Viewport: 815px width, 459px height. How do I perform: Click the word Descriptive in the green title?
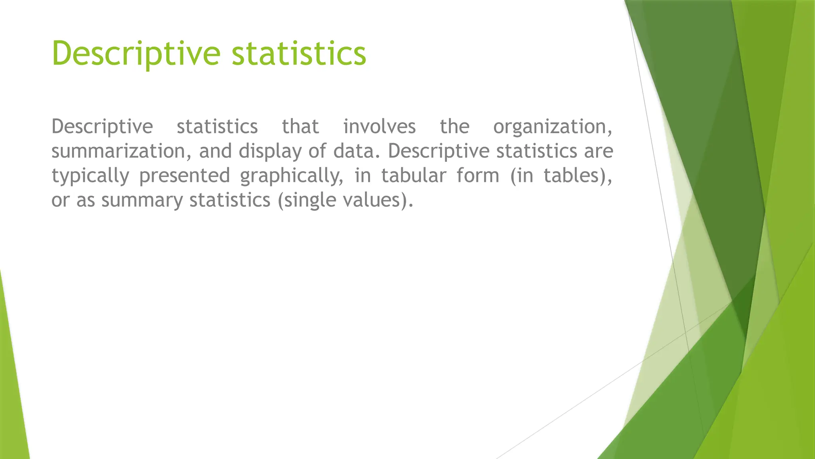[136, 53]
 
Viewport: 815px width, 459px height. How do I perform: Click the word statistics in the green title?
[298, 53]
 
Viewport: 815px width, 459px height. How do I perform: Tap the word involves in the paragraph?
[379, 127]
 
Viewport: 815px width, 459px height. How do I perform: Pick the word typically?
[90, 176]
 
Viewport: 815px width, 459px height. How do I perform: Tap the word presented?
[185, 176]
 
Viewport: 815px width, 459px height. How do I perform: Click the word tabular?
[413, 175]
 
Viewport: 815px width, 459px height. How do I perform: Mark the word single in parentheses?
[310, 200]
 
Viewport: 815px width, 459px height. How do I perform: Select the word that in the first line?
[300, 127]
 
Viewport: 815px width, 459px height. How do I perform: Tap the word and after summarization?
[215, 151]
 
